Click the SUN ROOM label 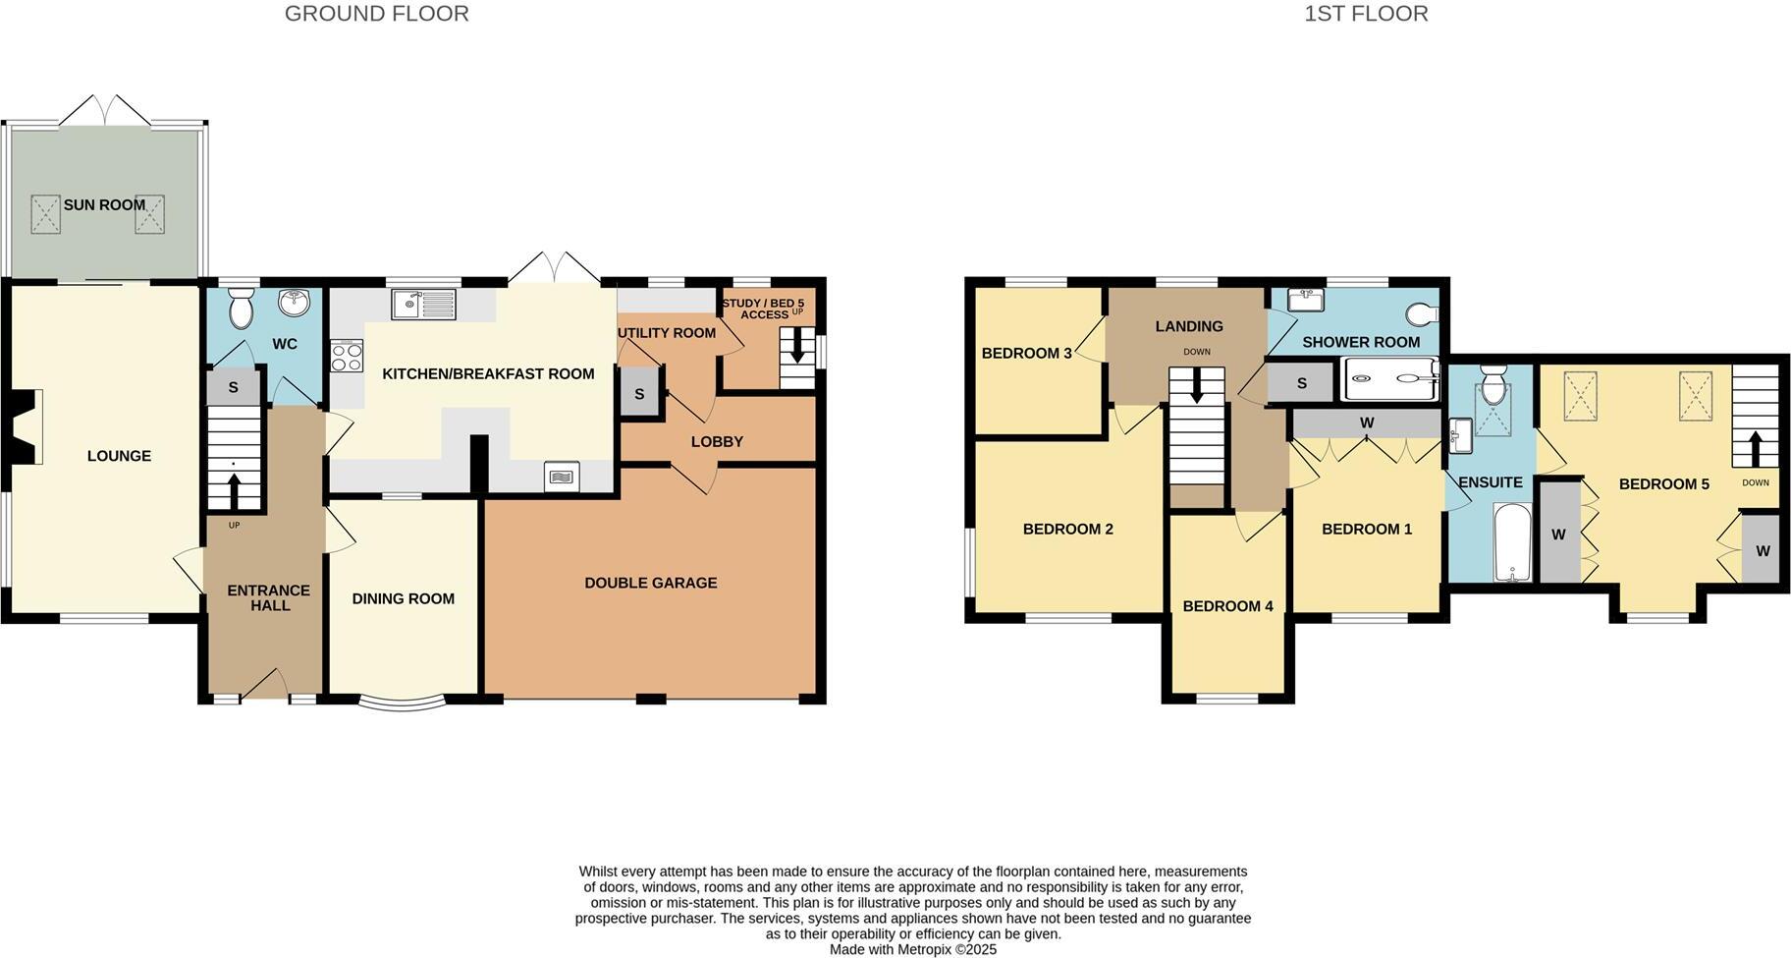pos(104,205)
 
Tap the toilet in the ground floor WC pos(240,310)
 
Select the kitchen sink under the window pos(424,305)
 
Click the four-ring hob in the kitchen pos(348,356)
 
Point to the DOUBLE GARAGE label pos(650,583)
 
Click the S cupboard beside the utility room pos(639,394)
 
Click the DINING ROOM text pos(403,598)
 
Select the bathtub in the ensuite pos(1512,541)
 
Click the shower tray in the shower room pos(1390,378)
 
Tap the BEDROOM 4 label pos(1227,606)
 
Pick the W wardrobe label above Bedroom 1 pos(1366,423)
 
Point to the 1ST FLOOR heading pos(1366,14)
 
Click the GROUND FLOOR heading pos(376,14)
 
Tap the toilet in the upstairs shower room pos(1421,313)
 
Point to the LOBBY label pos(717,441)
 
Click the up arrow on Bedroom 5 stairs pos(1756,448)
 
